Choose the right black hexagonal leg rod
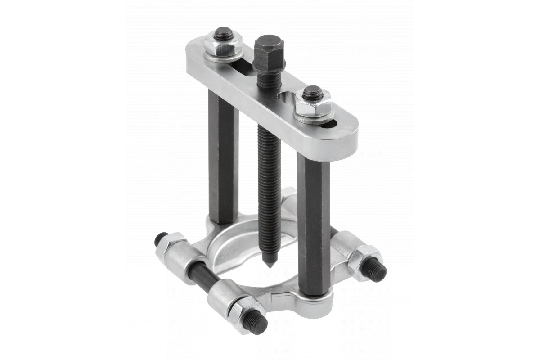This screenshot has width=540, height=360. click(313, 216)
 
